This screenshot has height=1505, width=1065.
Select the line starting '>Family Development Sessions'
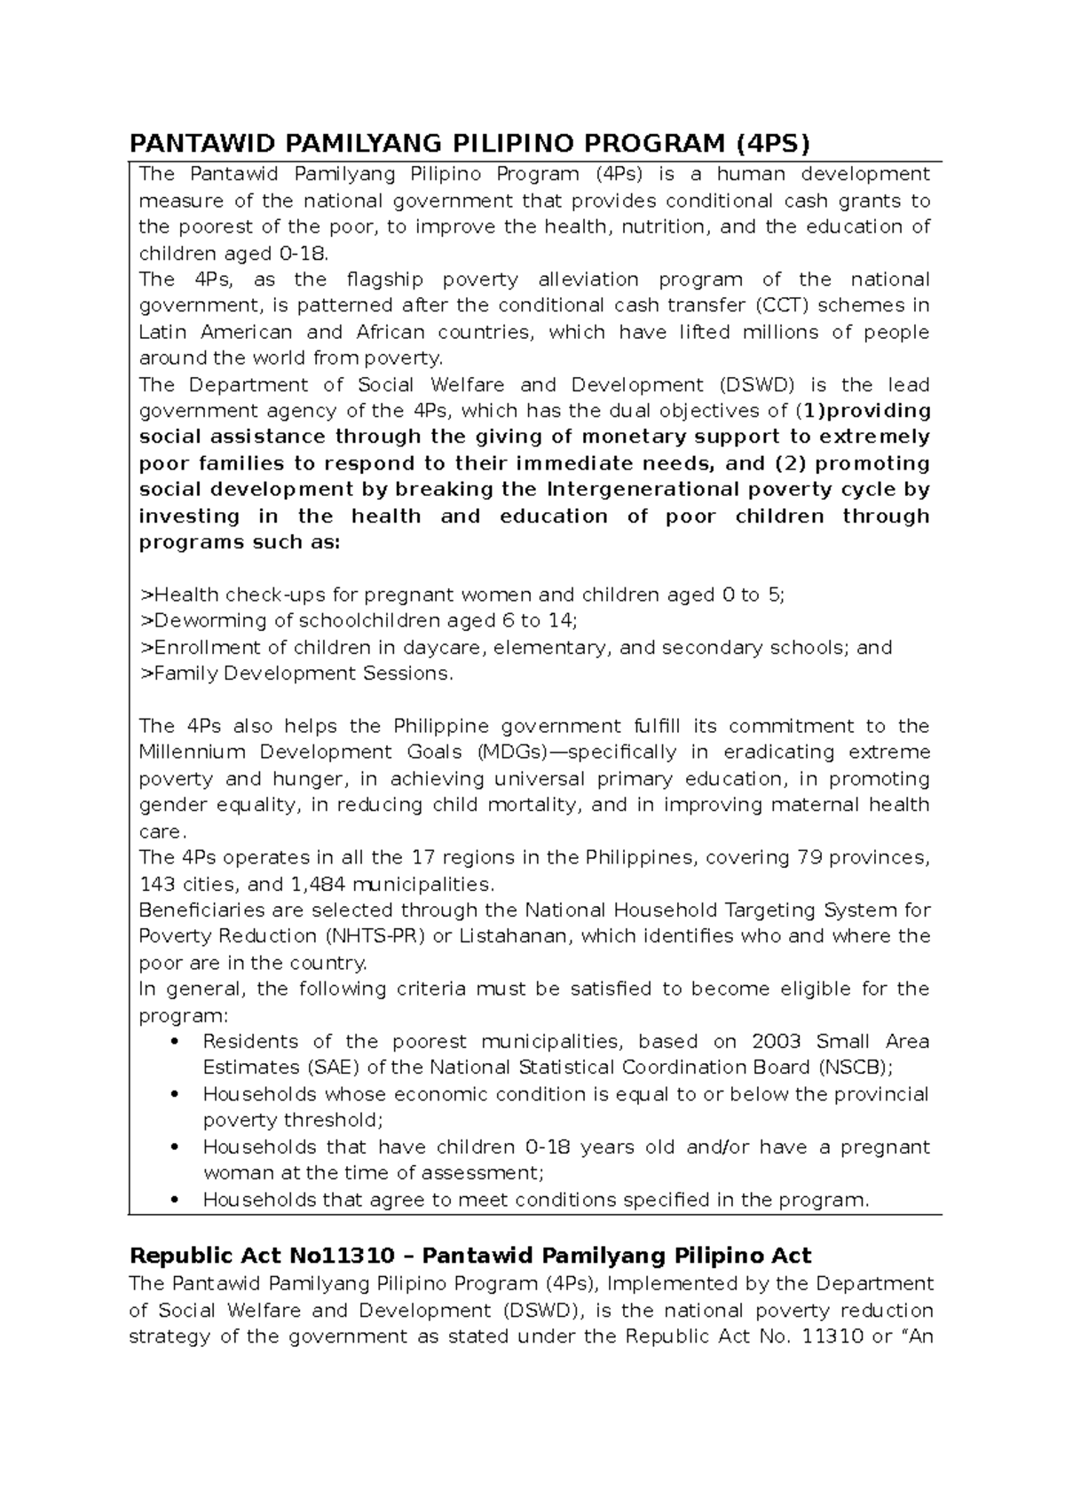tap(296, 674)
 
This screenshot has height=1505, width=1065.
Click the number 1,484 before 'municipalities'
tap(319, 885)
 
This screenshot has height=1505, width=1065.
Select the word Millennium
tap(192, 752)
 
